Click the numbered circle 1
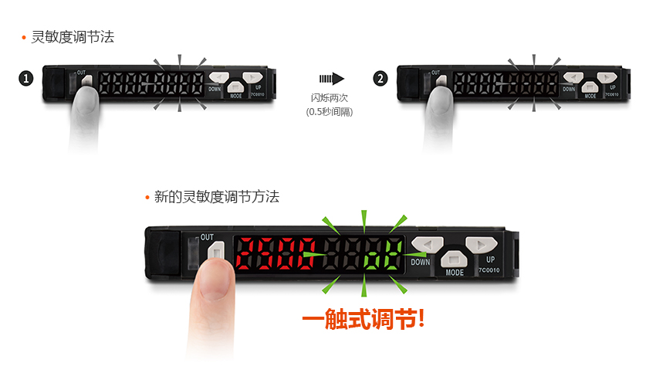pos(27,79)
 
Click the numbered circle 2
pos(380,79)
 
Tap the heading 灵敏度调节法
pos(72,36)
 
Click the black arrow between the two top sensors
pos(331,78)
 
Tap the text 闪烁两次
pos(329,97)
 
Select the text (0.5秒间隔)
pos(330,112)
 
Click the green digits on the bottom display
pos(382,254)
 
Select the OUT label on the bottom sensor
pos(207,237)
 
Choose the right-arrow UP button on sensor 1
pos(252,77)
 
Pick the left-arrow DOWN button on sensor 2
pos(573,77)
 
